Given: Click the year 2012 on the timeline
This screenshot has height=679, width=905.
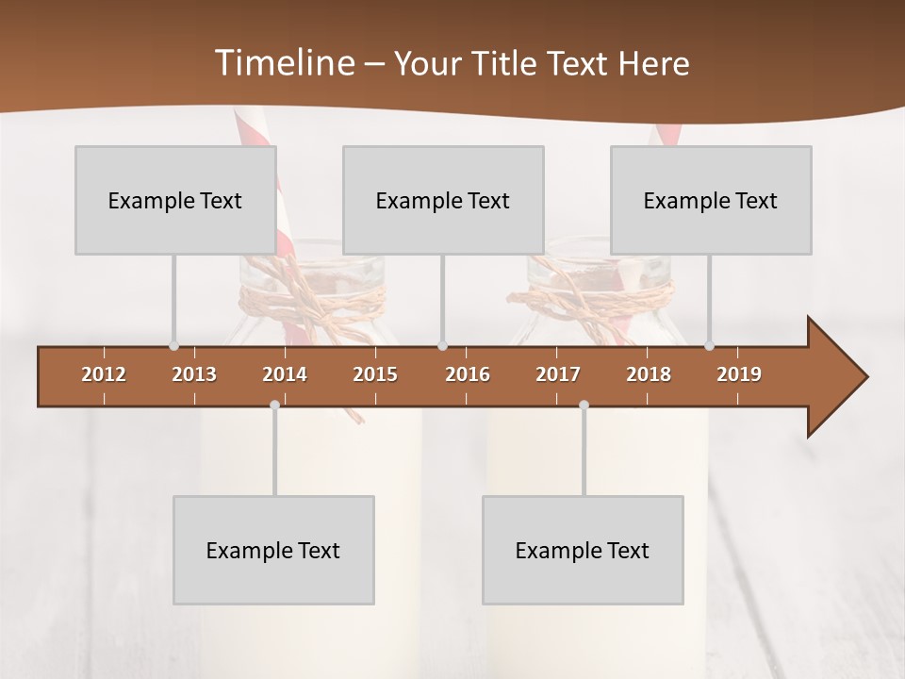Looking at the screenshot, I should pos(104,374).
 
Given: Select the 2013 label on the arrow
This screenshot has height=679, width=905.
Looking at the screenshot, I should pos(194,374).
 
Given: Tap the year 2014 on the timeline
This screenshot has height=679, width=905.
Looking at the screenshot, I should pos(285,374).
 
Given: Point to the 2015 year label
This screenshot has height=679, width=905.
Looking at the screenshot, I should pos(375,374).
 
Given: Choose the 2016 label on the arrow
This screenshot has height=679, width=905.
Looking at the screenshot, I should pos(468,374).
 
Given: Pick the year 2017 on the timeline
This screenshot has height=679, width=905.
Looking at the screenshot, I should pos(558,374).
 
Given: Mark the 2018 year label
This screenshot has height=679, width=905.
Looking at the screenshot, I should pos(649,374).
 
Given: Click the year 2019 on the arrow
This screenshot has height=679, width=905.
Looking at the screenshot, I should pos(739,374).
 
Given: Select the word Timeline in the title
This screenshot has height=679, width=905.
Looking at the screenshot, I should pos(283,63).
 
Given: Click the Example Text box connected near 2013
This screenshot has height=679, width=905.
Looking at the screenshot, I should pos(175,200).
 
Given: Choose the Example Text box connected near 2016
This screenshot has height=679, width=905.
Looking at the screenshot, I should pos(443,200).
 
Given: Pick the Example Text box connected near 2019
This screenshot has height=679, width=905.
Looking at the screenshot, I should pos(711,200).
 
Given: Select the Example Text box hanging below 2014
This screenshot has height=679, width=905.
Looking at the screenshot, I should pos(273,550).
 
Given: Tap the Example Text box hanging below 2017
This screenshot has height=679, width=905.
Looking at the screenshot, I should pos(583,550).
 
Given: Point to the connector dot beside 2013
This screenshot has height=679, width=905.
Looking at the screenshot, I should pos(173,346).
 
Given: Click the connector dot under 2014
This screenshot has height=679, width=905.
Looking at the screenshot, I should pos(274,405).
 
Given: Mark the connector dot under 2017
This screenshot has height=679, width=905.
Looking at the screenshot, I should pos(584,405).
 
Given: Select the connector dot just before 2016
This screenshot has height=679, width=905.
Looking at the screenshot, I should pos(442,346).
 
